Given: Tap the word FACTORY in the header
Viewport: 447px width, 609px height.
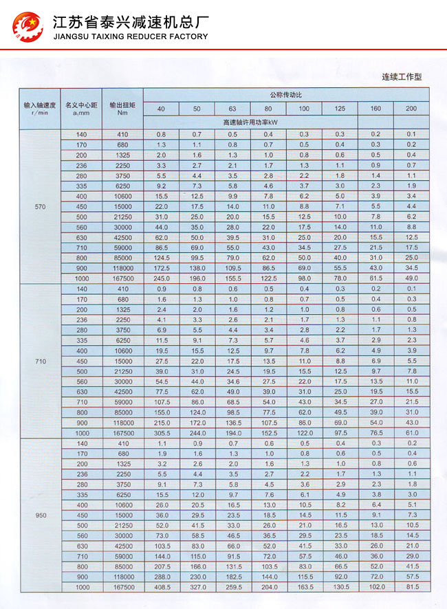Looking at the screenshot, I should pyautogui.click(x=186, y=36).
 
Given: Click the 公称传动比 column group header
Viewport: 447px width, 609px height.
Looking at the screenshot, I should pyautogui.click(x=286, y=94).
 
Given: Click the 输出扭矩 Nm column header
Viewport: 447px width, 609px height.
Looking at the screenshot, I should pyautogui.click(x=122, y=108).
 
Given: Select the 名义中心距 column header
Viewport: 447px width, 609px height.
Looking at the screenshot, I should pyautogui.click(x=81, y=108).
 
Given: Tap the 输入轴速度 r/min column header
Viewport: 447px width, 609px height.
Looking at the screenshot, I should pyautogui.click(x=39, y=108).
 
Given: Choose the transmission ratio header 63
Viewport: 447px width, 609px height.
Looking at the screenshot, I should pyautogui.click(x=232, y=109).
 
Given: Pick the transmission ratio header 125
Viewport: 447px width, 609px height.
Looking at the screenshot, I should pyautogui.click(x=340, y=109).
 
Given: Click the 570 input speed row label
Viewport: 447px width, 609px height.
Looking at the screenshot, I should pyautogui.click(x=39, y=206).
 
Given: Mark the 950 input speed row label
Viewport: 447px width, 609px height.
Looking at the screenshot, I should pyautogui.click(x=39, y=515).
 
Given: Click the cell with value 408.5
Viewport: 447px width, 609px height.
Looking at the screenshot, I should pyautogui.click(x=161, y=588).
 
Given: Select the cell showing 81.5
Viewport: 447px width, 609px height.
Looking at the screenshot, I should pyautogui.click(x=411, y=588).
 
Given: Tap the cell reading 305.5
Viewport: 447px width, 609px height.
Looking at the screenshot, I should pyautogui.click(x=161, y=433).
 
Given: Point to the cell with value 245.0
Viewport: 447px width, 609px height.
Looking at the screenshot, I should pyautogui.click(x=161, y=278).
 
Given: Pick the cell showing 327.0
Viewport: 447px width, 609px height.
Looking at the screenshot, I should pyautogui.click(x=197, y=588).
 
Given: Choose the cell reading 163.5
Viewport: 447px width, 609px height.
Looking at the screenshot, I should pyautogui.click(x=304, y=588).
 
